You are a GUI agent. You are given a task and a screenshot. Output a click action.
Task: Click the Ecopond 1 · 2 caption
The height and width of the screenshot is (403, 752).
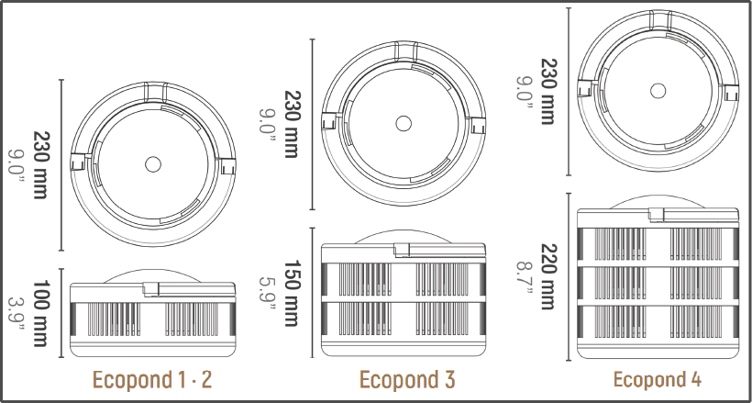pyautogui.click(x=152, y=379)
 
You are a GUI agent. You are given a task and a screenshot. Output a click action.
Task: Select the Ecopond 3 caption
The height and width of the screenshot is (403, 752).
pyautogui.click(x=407, y=379)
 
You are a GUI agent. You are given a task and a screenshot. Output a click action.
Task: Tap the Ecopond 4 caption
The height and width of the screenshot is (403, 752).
pyautogui.click(x=657, y=379)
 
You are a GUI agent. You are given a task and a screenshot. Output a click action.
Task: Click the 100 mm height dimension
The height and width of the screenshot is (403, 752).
pyautogui.click(x=41, y=313)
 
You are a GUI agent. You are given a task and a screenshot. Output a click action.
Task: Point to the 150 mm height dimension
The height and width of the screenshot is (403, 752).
pyautogui.click(x=292, y=293)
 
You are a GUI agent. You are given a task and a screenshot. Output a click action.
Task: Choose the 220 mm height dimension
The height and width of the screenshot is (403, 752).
pyautogui.click(x=548, y=276)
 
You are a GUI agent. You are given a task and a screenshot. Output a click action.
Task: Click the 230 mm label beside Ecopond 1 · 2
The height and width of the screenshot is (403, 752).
pyautogui.click(x=41, y=164)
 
